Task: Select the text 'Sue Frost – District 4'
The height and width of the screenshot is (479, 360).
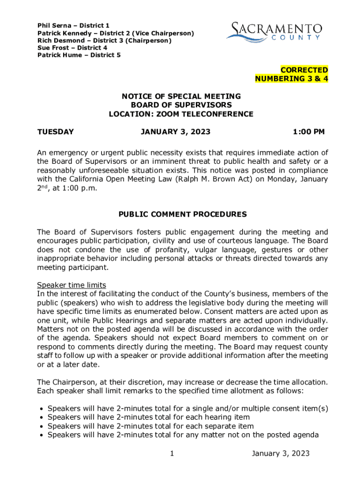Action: [72, 48]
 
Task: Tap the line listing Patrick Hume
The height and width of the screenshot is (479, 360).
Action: [79, 55]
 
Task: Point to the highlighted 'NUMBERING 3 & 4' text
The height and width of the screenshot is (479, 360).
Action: [291, 79]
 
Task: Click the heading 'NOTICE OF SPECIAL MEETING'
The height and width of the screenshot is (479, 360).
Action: [181, 96]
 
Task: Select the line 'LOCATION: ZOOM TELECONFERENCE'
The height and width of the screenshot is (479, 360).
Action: [181, 114]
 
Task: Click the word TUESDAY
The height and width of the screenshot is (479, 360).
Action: [55, 132]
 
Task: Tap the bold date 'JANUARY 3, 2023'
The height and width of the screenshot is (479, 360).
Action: [175, 132]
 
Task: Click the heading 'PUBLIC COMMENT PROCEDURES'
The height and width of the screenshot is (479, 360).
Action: [182, 215]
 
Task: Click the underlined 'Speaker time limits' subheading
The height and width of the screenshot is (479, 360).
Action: [72, 285]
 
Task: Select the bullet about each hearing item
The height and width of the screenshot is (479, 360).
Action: [149, 417]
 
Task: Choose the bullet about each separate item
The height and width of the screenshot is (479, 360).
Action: [151, 426]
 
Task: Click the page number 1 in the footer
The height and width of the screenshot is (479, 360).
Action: [172, 453]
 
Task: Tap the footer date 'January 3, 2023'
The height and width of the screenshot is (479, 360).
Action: [281, 453]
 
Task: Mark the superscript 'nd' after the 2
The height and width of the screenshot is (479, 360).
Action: [45, 186]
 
